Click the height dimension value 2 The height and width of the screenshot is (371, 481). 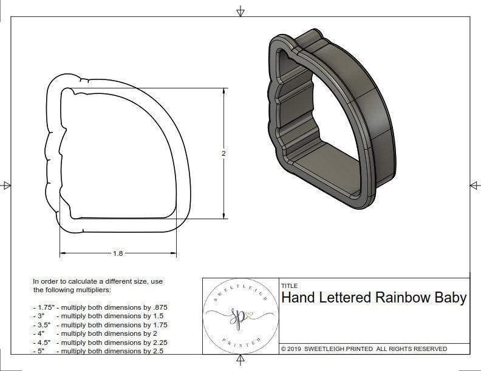[223, 153]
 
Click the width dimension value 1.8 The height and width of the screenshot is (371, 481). [118, 253]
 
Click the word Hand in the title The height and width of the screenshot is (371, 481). [297, 298]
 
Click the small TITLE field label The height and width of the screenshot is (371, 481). [288, 286]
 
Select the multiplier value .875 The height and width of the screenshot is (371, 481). [159, 307]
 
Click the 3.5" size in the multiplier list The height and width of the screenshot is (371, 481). [44, 324]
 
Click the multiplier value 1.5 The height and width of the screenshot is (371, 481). [157, 316]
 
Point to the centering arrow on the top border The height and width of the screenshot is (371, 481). [241, 12]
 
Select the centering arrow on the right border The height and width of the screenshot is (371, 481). [474, 185]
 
